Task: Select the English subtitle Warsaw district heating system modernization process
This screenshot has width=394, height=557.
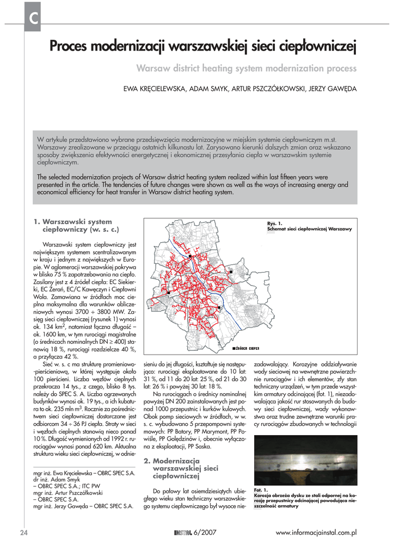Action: (246, 69)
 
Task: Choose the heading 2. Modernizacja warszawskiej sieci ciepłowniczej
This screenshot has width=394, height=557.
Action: (181, 468)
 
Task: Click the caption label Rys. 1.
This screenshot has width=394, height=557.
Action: (275, 224)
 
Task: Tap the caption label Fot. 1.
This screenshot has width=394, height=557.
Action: (261, 490)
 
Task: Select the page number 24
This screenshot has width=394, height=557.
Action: (24, 533)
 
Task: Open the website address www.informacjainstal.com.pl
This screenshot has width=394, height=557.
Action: (316, 533)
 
